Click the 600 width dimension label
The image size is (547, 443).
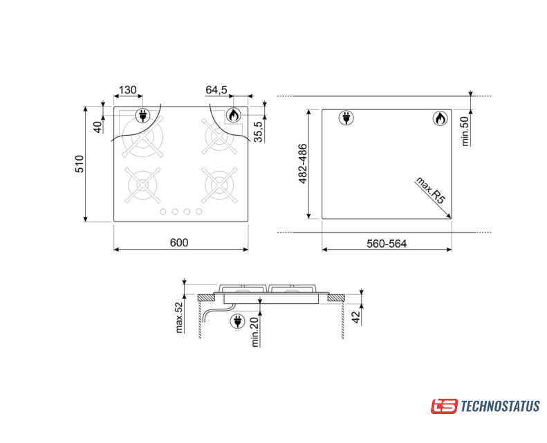[179, 242]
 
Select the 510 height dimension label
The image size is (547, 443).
[80, 164]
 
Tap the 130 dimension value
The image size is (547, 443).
[128, 90]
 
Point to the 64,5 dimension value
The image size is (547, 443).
[216, 90]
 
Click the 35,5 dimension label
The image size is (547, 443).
[258, 132]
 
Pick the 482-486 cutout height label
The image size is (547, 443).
[302, 163]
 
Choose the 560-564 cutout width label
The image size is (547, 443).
[387, 244]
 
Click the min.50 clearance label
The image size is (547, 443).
[465, 132]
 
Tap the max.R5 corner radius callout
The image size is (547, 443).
[431, 190]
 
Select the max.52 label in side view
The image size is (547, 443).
[179, 318]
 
